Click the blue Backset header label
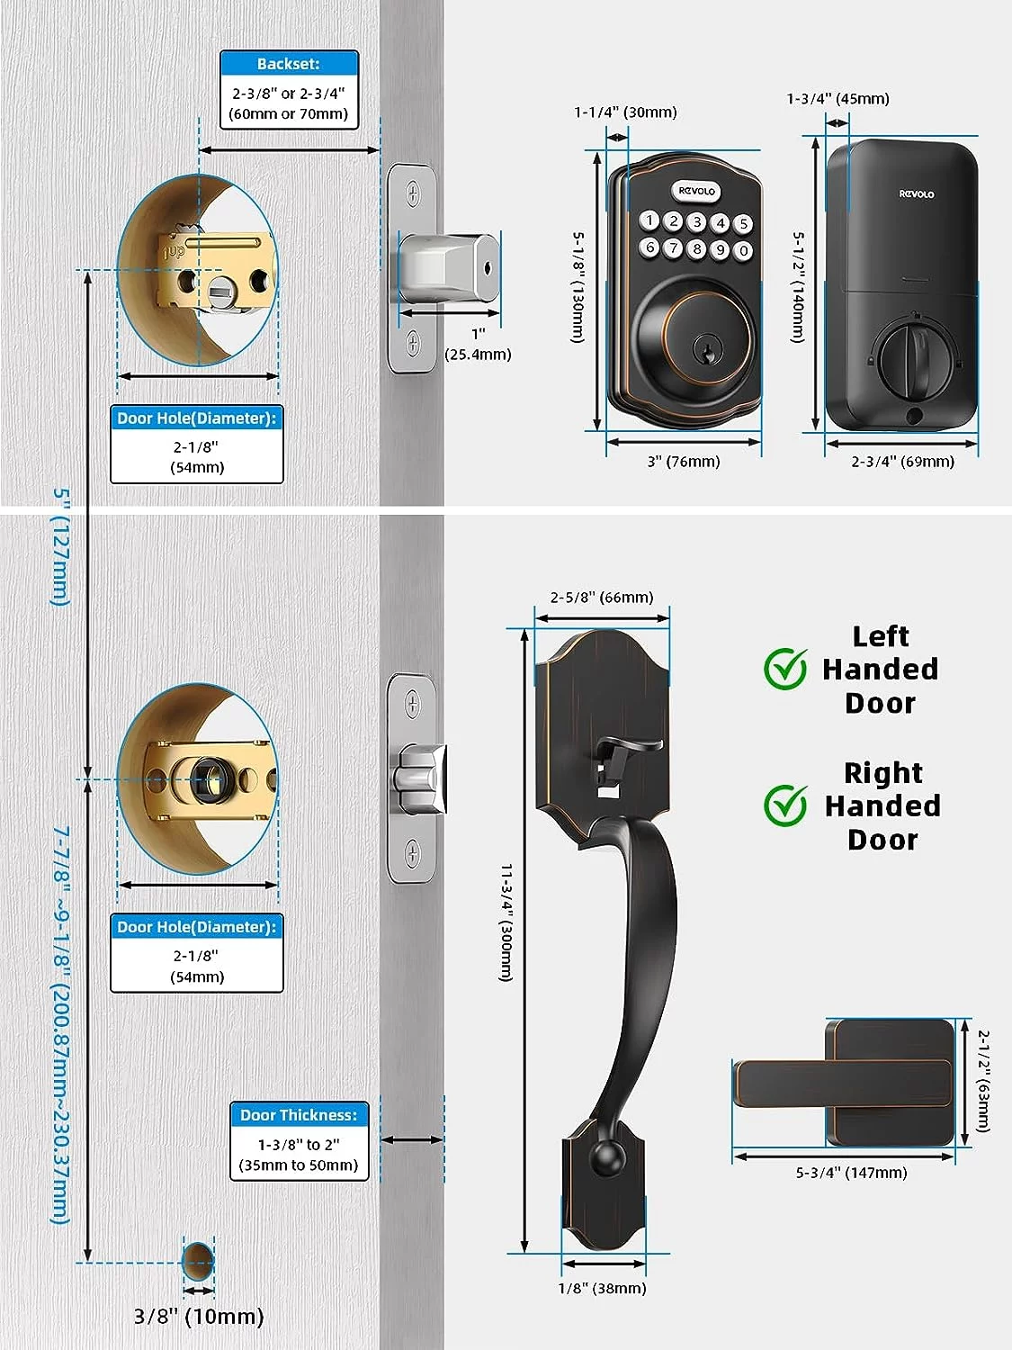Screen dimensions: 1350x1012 coord(289,64)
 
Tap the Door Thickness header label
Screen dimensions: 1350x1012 coord(299,1115)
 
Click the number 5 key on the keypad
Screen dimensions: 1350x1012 coord(743,224)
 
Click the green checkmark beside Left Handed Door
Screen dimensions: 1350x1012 coord(785,669)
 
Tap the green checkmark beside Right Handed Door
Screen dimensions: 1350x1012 coord(785,805)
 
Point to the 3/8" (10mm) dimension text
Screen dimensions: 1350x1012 coord(199,1317)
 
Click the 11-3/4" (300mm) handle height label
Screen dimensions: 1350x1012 coord(506,922)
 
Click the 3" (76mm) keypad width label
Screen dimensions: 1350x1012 coord(684,462)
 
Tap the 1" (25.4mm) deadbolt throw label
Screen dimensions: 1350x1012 coord(478,345)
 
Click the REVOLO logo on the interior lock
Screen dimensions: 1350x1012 coord(917,193)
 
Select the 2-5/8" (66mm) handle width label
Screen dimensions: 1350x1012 coord(602,598)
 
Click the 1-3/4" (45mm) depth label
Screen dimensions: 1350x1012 coord(837,99)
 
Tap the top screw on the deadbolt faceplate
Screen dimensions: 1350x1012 coord(413,192)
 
